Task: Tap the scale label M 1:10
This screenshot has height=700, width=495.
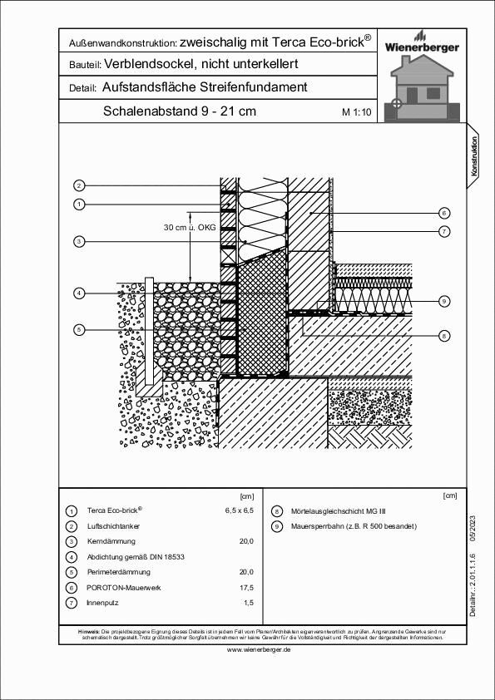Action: coord(356,112)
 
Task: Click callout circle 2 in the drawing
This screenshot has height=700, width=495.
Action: coord(79,185)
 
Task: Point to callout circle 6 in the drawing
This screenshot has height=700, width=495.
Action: coord(444,213)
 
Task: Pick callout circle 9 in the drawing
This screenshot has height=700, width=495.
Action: coord(444,300)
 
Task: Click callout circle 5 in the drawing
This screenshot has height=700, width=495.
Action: coord(79,330)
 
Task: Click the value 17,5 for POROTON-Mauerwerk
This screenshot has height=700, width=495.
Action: coord(245,587)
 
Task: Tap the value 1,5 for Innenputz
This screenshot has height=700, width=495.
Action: coord(247,602)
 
